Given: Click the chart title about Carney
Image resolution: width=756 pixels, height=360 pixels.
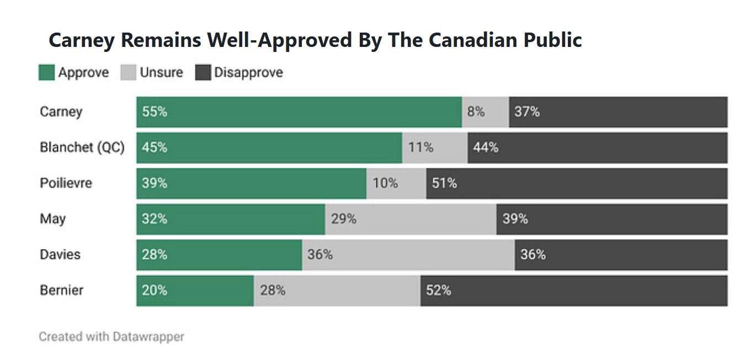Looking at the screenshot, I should (x=315, y=40).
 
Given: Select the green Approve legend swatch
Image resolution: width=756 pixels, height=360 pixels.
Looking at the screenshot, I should (x=46, y=72).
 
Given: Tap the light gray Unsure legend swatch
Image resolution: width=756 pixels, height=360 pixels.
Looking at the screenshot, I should (x=128, y=72).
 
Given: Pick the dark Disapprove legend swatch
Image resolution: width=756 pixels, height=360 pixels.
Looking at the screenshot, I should (x=203, y=72).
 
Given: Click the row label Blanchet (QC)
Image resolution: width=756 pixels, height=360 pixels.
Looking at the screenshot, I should (x=82, y=147).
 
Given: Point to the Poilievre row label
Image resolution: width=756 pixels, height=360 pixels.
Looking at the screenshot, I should (x=66, y=183).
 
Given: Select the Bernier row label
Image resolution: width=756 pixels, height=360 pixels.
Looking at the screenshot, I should (x=61, y=290).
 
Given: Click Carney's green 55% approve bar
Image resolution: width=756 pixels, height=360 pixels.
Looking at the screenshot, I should (x=299, y=112).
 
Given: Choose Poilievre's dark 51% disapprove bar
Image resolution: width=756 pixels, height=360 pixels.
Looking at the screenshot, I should (x=577, y=183).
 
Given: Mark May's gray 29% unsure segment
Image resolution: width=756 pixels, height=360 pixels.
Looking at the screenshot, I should (x=411, y=219).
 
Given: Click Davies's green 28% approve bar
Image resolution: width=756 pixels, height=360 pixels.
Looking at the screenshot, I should (x=219, y=255).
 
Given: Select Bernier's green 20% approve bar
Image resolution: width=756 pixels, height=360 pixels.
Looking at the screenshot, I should (x=195, y=290).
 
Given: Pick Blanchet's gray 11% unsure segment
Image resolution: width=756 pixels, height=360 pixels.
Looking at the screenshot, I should (x=435, y=147).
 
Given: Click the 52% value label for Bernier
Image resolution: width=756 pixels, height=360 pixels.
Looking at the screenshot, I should (x=438, y=290).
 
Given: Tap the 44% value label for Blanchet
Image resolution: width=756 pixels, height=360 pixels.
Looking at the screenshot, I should (x=486, y=147).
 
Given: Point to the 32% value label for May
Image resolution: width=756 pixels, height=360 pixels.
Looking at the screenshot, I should (x=155, y=219).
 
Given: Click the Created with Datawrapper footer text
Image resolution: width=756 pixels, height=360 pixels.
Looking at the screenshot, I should (x=111, y=336).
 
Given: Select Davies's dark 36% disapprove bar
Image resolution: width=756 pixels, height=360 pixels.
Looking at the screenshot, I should (x=621, y=255).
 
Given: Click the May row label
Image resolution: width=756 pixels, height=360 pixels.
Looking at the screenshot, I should (x=52, y=219).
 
